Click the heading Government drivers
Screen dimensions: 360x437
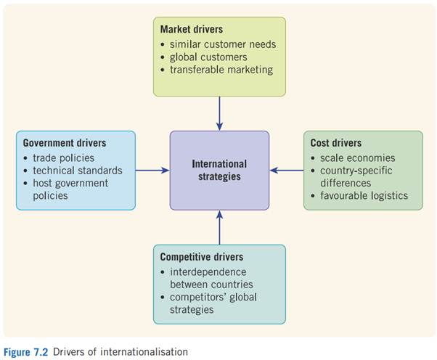point(65,143)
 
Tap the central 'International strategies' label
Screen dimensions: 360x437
point(219,170)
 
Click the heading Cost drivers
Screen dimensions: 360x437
point(336,143)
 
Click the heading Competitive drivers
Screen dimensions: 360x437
point(201,257)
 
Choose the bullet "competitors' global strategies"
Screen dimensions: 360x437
point(211,303)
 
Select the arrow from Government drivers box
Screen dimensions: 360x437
point(152,171)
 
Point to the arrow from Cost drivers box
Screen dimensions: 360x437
point(287,171)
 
